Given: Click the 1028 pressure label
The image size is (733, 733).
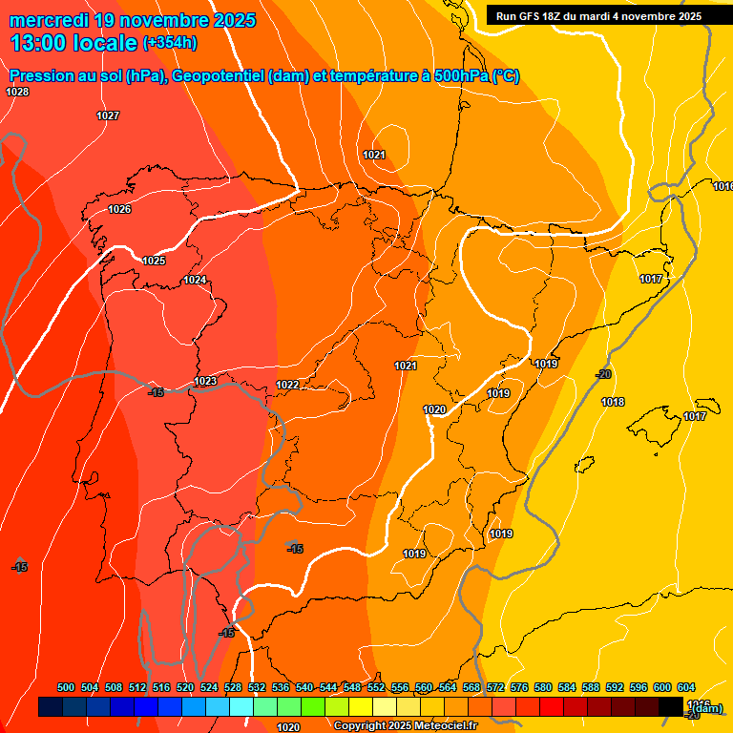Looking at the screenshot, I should tap(17, 92).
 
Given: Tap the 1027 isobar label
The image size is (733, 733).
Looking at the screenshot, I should tap(108, 115).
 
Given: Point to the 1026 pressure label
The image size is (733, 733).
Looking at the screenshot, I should tap(119, 209).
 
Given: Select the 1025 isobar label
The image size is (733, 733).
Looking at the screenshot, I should tap(154, 261).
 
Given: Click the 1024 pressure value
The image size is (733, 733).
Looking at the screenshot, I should tap(195, 280).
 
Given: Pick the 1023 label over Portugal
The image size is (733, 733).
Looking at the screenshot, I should tap(205, 381).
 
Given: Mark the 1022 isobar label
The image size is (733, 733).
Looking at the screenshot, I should tap(287, 385).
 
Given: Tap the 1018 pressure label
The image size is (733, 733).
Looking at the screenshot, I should tap(613, 402).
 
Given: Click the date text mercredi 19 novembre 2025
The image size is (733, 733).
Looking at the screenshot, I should tap(133, 20).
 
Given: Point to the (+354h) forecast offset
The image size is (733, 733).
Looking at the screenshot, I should tap(170, 43).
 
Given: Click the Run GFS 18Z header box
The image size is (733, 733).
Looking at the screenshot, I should tap(598, 16).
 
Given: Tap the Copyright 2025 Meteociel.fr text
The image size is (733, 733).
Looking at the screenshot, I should tap(405, 726).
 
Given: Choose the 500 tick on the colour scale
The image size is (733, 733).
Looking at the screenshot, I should tap(66, 687).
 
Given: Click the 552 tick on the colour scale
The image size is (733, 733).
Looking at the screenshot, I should tap(376, 687).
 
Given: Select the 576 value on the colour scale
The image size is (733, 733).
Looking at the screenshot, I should tap(519, 687).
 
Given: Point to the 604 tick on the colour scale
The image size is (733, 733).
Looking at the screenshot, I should tap(686, 687).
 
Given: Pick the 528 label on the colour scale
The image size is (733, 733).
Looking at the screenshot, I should tap(233, 687).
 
